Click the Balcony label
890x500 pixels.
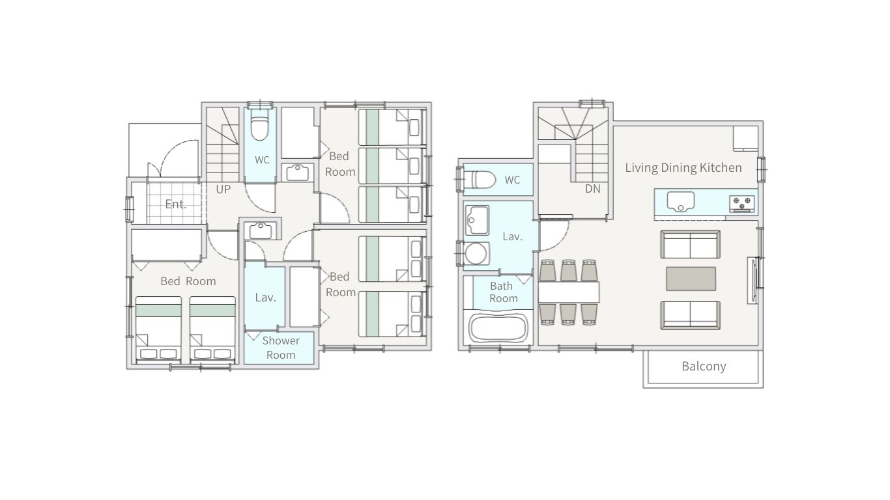click(704, 366)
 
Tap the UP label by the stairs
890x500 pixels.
click(223, 189)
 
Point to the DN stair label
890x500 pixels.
click(592, 189)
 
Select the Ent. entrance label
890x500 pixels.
click(176, 204)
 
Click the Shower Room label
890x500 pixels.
click(281, 348)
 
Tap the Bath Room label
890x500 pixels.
click(503, 292)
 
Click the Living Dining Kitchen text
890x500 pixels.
click(683, 167)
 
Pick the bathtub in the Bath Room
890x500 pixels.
click(498, 328)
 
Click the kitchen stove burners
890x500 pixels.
click(741, 204)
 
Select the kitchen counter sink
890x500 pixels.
click(681, 201)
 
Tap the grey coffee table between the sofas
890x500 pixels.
click(691, 279)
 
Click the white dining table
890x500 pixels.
click(569, 293)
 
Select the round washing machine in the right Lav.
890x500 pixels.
click(476, 253)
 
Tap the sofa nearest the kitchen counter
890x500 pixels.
click(691, 245)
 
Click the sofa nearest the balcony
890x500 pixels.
click(691, 315)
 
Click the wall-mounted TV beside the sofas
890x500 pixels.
click(752, 281)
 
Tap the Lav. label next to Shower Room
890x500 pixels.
click(265, 298)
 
